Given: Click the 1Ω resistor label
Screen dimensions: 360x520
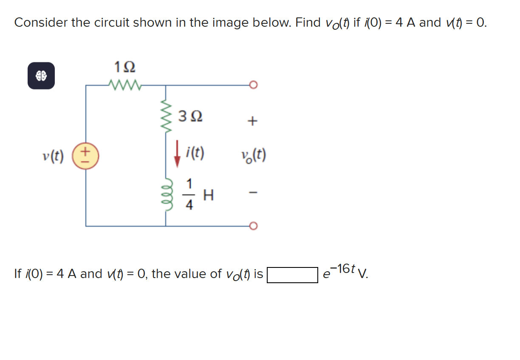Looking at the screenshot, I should click(125, 67).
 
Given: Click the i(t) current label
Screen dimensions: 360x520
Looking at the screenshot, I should click(195, 152).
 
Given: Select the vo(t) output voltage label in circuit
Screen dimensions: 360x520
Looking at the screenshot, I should click(253, 156).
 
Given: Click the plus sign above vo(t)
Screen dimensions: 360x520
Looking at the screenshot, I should click(252, 121).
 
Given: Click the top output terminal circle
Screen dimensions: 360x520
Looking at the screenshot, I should click(253, 85).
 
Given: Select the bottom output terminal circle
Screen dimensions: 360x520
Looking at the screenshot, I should click(253, 226).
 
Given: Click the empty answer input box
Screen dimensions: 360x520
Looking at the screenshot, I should click(292, 275).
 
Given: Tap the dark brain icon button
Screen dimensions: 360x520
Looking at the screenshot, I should click(41, 76).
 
